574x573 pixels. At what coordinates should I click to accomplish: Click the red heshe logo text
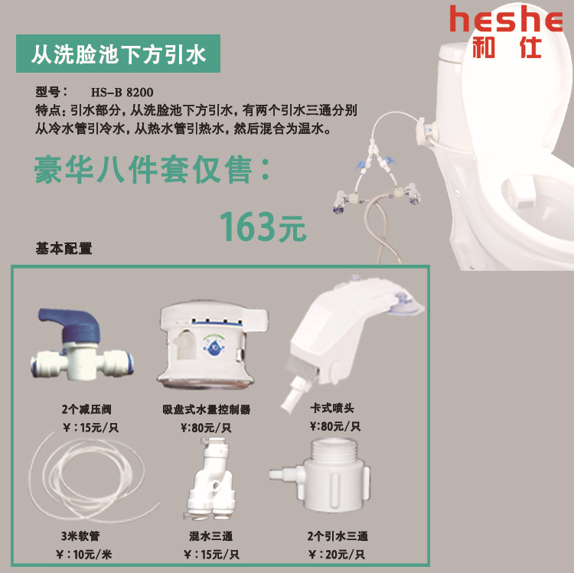(507, 19)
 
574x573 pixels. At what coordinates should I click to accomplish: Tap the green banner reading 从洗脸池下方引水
(118, 54)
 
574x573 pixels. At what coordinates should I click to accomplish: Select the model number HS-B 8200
(122, 93)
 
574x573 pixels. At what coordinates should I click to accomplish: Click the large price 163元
(263, 227)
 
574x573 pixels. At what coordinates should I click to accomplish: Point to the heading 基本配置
(64, 249)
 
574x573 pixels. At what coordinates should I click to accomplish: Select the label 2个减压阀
(86, 409)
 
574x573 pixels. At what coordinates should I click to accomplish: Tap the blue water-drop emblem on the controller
(214, 346)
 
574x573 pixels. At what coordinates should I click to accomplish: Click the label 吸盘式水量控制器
(207, 409)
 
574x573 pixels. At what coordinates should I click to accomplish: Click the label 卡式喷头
(332, 408)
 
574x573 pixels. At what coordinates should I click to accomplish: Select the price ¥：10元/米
(84, 555)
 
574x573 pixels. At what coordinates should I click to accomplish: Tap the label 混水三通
(211, 536)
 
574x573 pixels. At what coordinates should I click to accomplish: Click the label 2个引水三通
(338, 536)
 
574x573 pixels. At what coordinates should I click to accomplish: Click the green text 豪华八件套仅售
(144, 169)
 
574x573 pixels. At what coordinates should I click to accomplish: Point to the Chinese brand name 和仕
(507, 47)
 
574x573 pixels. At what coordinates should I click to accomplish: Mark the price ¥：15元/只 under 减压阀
(91, 427)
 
